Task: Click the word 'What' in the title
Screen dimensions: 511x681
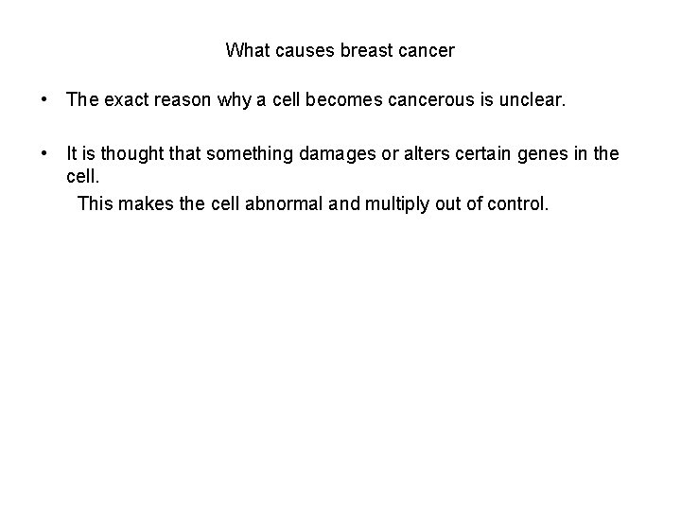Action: [246, 50]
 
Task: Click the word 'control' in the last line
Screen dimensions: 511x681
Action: [515, 203]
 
